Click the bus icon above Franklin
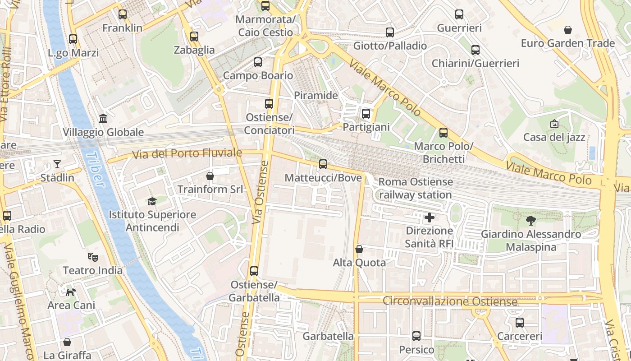point(123,14)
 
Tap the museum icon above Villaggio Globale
point(103,119)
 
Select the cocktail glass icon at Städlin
point(57,164)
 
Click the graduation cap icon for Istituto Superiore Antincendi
point(152,201)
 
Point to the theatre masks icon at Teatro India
point(93,257)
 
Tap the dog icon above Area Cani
point(71,292)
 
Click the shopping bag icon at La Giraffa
point(67,342)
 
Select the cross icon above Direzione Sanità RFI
point(430,218)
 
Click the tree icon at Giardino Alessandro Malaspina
point(531,221)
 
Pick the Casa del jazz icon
point(554,124)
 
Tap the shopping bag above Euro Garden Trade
point(568,30)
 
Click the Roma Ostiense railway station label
point(416,188)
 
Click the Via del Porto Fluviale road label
point(187,154)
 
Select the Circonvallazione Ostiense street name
point(450,301)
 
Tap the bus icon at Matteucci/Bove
point(323,164)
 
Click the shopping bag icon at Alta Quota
point(359,249)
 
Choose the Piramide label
point(315,95)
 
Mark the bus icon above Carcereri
point(520,323)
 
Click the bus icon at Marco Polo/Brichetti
point(444,133)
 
